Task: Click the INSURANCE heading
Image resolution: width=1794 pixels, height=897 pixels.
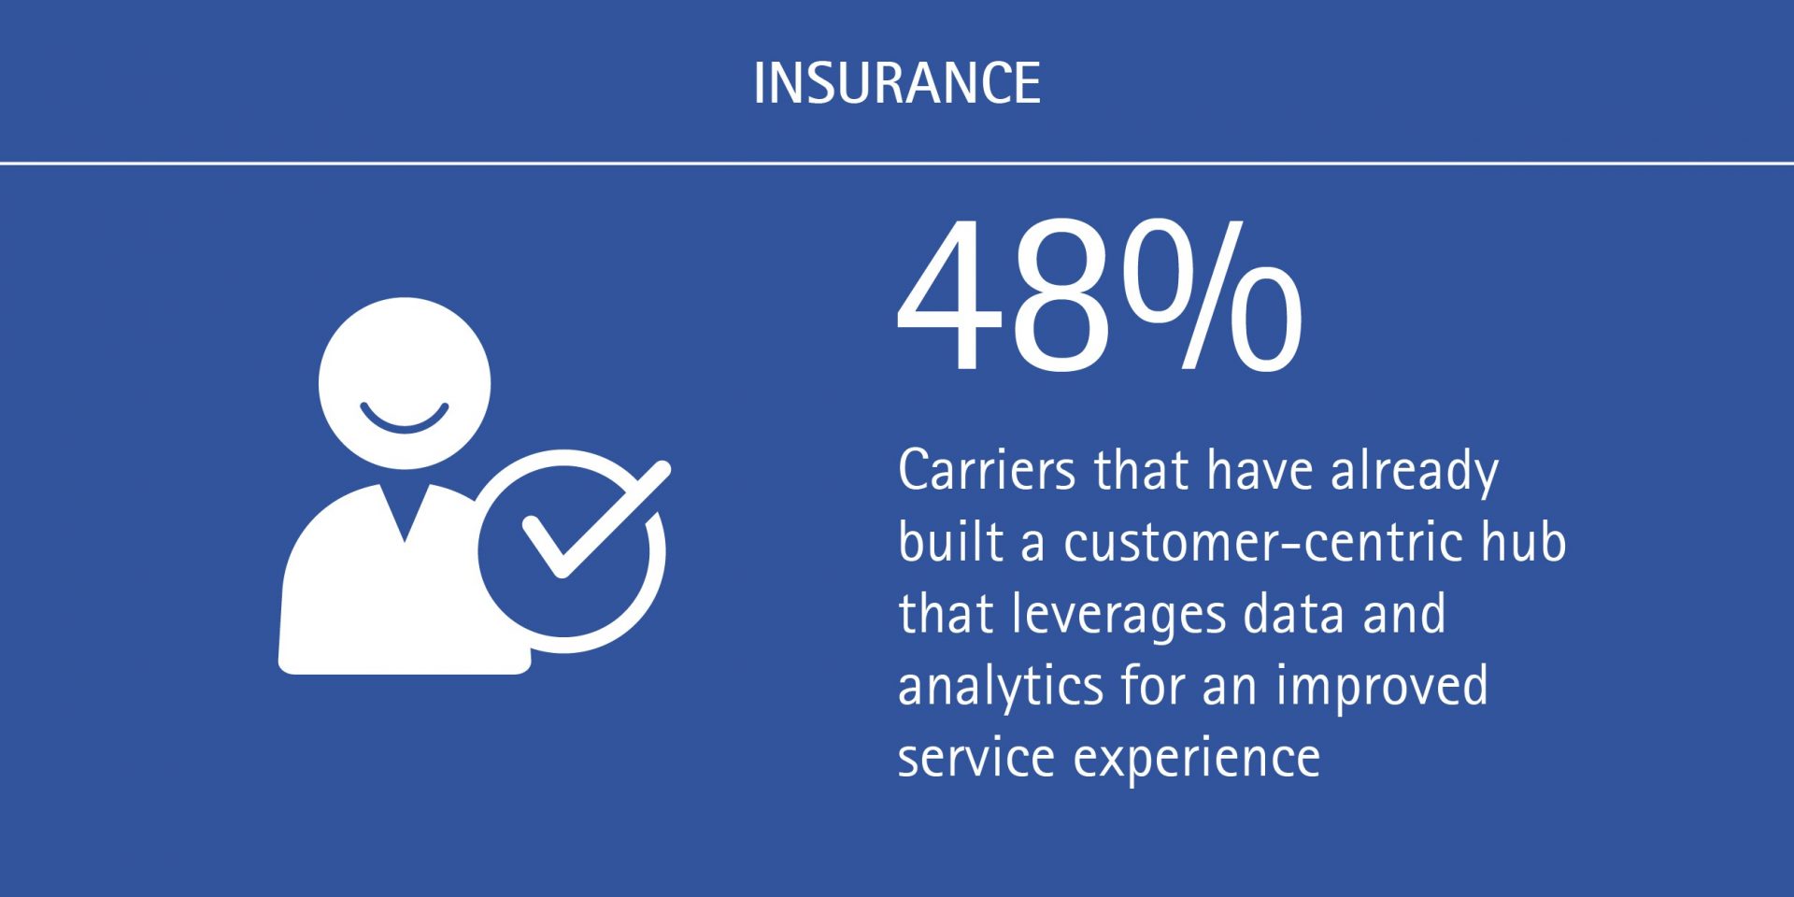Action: [896, 83]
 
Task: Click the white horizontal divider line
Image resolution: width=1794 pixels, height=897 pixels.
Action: [896, 164]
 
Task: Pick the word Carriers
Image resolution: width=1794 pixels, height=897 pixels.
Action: [986, 470]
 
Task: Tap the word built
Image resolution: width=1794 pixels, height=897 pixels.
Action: [949, 542]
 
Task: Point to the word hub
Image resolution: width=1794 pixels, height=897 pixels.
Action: [1523, 542]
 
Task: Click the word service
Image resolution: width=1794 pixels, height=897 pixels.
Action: [976, 758]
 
